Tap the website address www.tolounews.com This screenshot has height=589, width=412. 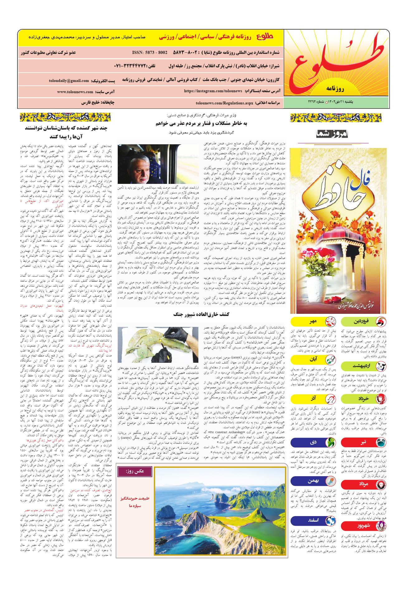click(75, 92)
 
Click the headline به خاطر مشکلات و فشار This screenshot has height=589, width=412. click(201, 123)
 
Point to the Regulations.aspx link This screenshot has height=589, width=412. click(225, 102)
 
